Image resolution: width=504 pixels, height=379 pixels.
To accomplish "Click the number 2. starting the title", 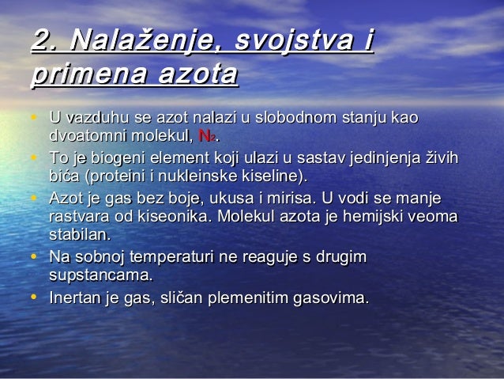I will pos(44,40).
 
